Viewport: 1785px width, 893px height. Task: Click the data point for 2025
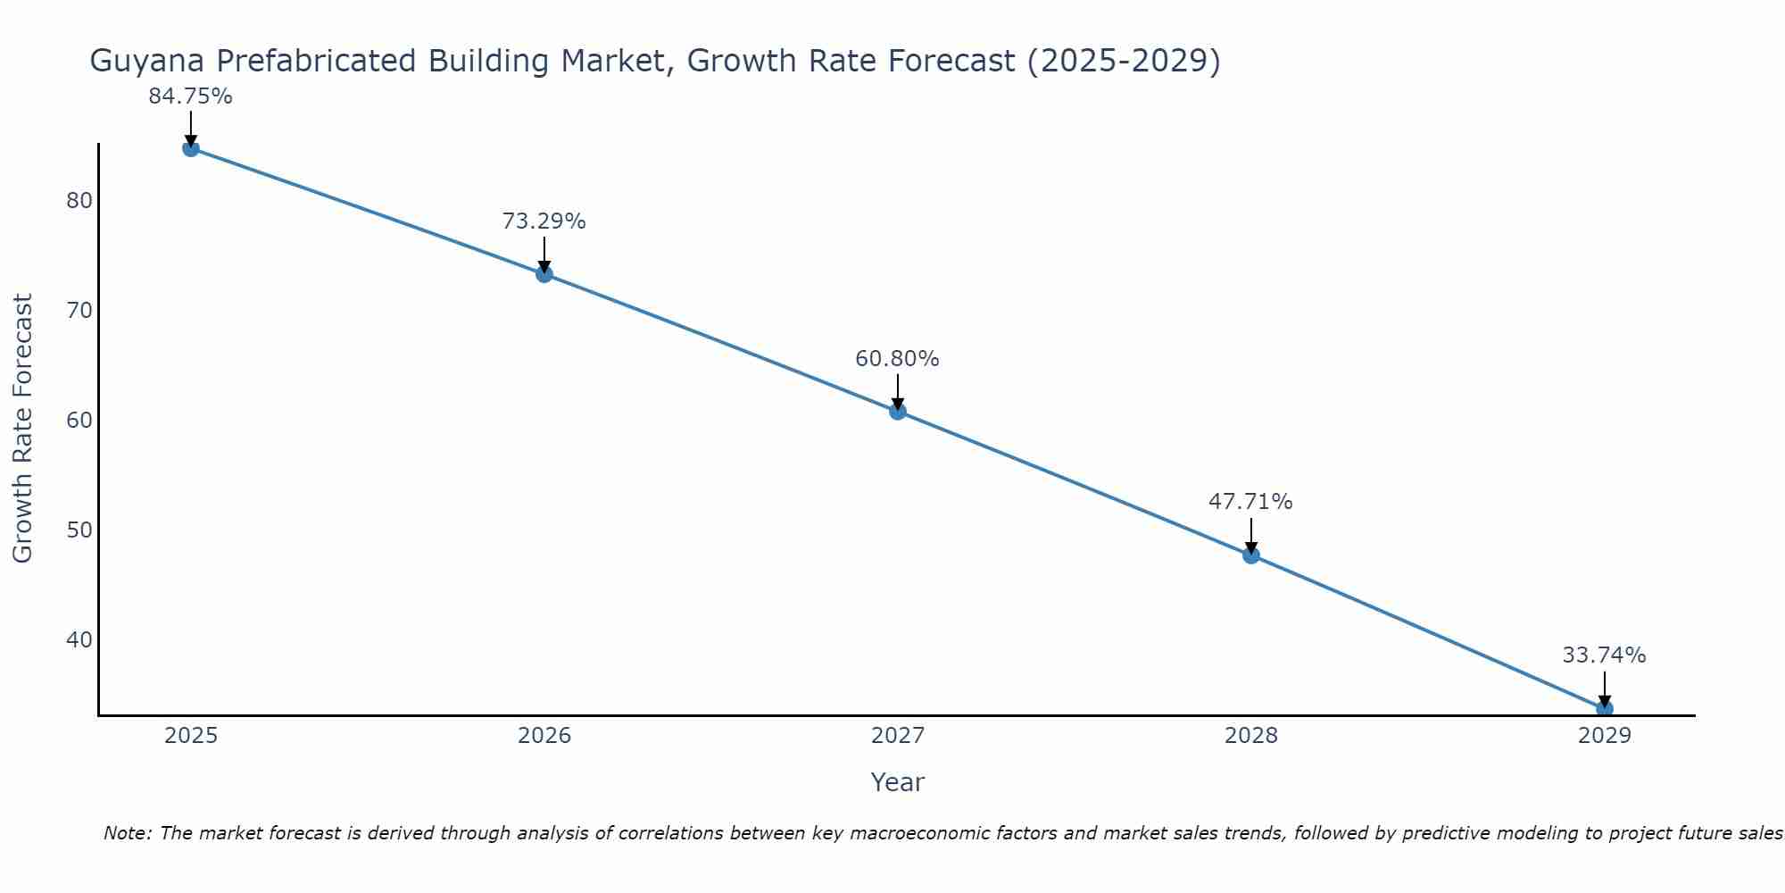pos(190,148)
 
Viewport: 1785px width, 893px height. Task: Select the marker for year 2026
pos(544,274)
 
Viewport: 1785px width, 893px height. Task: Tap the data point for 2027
pos(897,412)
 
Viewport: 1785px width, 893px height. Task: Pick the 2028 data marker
pos(1250,555)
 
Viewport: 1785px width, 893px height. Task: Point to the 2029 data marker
pos(1604,709)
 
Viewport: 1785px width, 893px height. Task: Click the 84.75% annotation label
pos(190,96)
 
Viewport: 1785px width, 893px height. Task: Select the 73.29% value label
pos(544,221)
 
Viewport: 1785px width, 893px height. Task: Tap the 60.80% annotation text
pos(897,359)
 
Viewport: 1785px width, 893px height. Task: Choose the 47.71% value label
pos(1250,502)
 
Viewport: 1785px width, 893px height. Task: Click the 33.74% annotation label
pos(1604,655)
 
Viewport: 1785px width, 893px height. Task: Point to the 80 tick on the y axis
pos(79,200)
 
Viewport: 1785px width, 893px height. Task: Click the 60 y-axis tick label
pos(79,420)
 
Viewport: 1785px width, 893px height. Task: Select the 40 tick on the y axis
pos(79,640)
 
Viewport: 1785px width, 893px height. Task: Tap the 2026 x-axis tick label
pos(544,736)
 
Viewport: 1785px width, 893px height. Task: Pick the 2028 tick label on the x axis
pos(1251,736)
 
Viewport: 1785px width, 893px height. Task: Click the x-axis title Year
pos(897,782)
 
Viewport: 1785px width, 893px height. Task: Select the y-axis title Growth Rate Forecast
pos(23,429)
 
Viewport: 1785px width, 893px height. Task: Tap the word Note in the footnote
pos(127,833)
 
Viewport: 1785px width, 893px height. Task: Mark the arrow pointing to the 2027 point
pos(897,391)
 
